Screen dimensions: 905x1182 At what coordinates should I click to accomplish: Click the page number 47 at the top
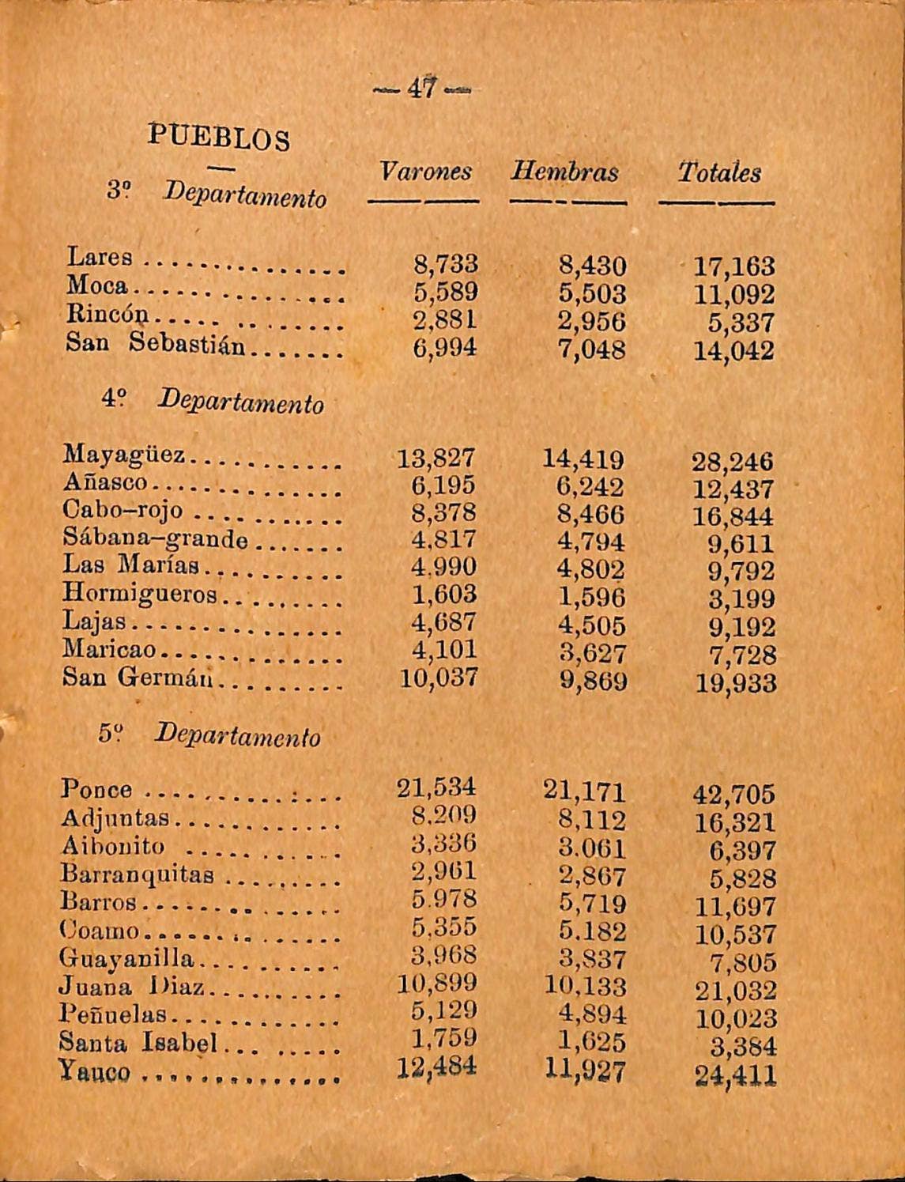[421, 88]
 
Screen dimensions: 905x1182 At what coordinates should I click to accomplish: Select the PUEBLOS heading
[219, 138]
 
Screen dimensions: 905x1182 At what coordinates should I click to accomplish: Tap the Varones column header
[425, 172]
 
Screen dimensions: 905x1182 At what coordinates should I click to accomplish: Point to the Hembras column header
[564, 172]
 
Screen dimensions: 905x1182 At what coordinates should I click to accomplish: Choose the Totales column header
[718, 172]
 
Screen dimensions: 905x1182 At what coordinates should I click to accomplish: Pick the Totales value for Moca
[733, 295]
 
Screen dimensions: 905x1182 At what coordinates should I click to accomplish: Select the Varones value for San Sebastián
[445, 347]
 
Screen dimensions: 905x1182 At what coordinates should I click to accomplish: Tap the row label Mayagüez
[124, 455]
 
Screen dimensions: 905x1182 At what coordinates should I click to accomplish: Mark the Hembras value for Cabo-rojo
[590, 515]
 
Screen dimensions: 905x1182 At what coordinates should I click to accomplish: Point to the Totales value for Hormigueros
[741, 599]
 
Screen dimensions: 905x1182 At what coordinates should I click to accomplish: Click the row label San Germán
[141, 678]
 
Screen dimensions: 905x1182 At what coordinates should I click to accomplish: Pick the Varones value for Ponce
[436, 787]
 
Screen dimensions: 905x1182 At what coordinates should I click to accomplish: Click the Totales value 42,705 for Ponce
[733, 794]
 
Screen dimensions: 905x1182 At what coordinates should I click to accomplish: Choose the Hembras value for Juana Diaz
[585, 987]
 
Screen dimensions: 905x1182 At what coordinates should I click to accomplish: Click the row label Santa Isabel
[139, 1044]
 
